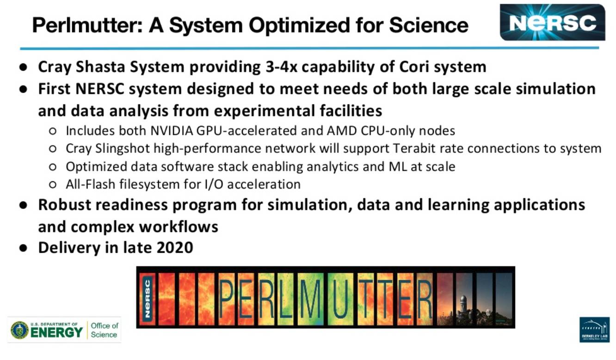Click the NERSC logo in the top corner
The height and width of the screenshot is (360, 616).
tap(553, 22)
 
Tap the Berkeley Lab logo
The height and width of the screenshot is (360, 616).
tap(595, 330)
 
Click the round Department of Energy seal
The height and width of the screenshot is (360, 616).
tap(19, 330)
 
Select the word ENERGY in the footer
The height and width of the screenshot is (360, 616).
tap(56, 333)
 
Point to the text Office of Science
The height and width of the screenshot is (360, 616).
tap(105, 330)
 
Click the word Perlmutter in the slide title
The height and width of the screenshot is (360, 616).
tap(87, 25)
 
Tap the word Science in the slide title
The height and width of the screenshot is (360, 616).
tap(429, 25)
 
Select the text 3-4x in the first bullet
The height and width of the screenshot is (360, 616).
tap(282, 67)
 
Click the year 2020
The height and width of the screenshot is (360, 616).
tap(175, 247)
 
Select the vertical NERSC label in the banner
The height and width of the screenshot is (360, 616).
tap(148, 299)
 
